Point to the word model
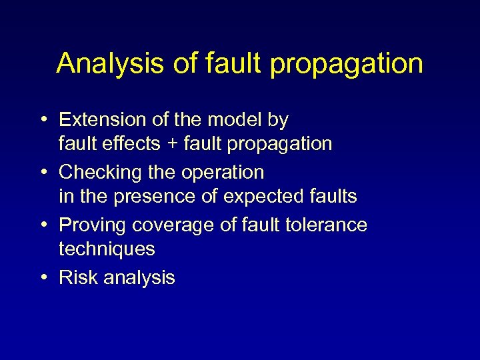point(243,120)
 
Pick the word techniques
point(107,249)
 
